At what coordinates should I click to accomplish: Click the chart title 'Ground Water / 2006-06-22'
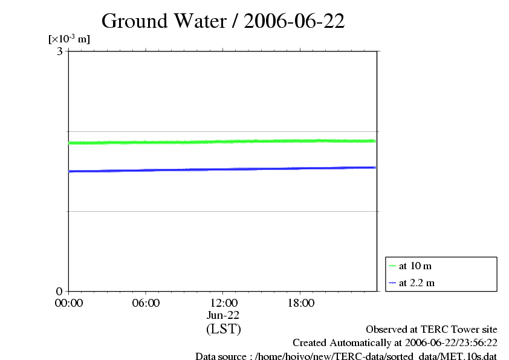(223, 21)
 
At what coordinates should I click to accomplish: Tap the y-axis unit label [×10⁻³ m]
(69, 39)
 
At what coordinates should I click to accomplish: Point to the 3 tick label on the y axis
(60, 51)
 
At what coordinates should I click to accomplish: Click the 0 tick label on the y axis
(60, 291)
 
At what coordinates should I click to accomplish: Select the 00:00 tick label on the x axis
(68, 303)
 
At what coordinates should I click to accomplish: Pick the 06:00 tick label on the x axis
(146, 303)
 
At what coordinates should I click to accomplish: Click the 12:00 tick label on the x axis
(223, 303)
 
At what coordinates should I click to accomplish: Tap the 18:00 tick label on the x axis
(300, 303)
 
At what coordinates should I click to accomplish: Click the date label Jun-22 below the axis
(223, 315)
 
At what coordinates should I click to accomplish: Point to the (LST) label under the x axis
(223, 329)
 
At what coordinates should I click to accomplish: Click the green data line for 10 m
(223, 142)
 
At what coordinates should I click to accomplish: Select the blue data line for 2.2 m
(223, 169)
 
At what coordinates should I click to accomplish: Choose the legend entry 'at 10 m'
(415, 266)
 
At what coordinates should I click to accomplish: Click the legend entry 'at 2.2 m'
(417, 283)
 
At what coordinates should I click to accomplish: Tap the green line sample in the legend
(392, 266)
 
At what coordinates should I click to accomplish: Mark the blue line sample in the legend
(392, 283)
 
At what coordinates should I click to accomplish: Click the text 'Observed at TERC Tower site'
(432, 330)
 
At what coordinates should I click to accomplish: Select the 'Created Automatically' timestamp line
(395, 343)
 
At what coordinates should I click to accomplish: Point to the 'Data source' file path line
(346, 356)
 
